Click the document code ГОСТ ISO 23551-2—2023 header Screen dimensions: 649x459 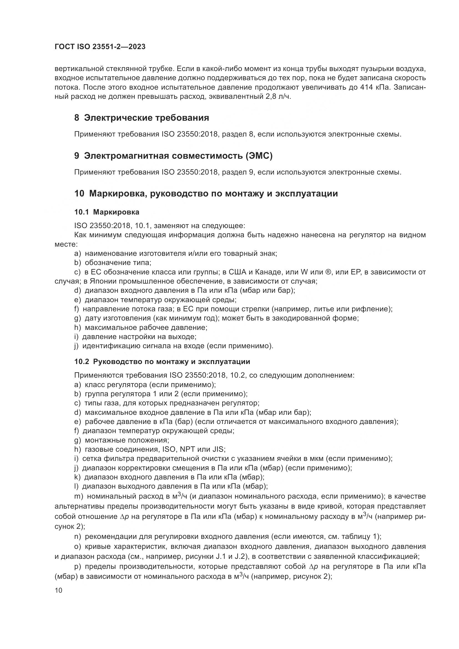click(100, 47)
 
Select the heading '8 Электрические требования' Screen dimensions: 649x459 click(142, 118)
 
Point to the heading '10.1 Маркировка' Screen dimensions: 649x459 click(107, 212)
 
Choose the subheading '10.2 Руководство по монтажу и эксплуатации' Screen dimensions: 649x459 click(162, 362)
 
